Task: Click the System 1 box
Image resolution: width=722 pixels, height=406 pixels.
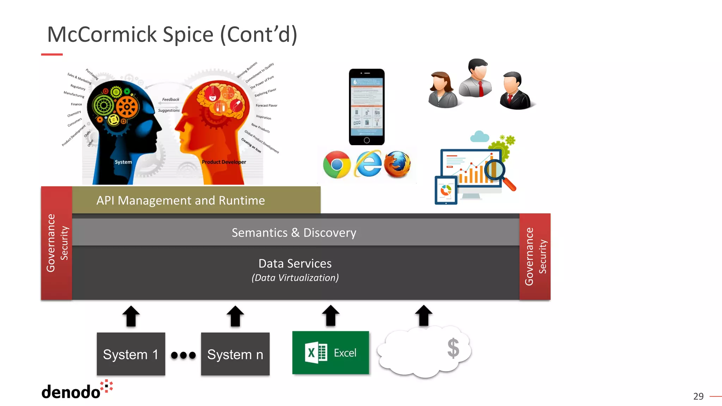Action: (131, 354)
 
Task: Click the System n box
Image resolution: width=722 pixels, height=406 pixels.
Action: (235, 354)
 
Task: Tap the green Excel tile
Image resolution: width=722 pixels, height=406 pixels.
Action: (330, 352)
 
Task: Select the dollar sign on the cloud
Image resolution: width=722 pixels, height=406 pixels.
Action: (453, 348)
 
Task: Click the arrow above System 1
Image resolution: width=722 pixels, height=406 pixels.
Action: (131, 316)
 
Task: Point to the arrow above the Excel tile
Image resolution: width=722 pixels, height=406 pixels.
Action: (330, 315)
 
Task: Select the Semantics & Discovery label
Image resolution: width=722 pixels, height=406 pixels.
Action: (294, 233)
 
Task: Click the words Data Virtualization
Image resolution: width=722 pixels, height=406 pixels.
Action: (295, 278)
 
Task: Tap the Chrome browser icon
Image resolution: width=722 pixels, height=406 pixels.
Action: (337, 165)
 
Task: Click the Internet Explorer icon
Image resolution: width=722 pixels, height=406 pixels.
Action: (368, 164)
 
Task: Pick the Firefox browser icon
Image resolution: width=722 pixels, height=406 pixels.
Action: (397, 164)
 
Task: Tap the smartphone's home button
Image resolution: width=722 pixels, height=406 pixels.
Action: (367, 140)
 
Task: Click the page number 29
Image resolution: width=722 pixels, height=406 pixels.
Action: (698, 396)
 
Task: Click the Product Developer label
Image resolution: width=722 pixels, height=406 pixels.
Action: (224, 162)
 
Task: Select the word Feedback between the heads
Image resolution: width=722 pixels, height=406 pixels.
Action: (171, 99)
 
